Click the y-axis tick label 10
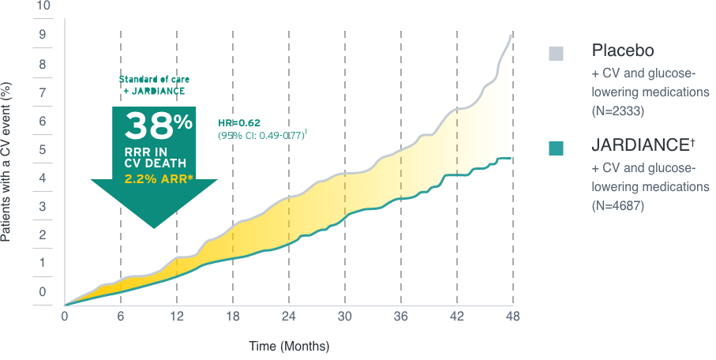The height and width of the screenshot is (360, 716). point(43,6)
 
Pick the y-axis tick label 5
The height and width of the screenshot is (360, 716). point(43,149)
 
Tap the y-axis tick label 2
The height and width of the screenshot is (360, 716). point(43,235)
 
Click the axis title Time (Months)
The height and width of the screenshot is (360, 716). point(289,347)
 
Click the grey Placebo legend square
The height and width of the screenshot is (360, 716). point(557,54)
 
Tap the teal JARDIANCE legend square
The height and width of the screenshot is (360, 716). point(557,148)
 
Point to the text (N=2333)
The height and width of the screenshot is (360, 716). point(618,112)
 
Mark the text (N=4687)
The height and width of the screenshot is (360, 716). point(618,206)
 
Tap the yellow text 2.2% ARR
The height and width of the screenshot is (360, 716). point(155,178)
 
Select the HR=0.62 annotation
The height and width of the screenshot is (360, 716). point(238,122)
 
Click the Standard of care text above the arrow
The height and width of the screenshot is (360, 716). point(154,80)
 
